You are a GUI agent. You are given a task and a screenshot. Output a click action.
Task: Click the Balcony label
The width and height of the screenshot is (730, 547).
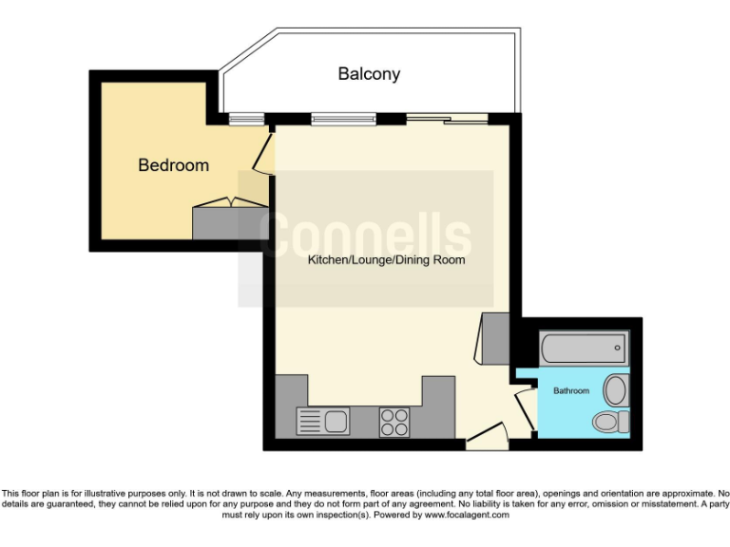[x=369, y=74]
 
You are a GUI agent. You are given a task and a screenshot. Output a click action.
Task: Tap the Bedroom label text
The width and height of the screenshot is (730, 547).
[x=173, y=165]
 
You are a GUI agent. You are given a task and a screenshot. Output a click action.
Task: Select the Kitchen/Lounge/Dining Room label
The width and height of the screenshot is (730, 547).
[x=386, y=259]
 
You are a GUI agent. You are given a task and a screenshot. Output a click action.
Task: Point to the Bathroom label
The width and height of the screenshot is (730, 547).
[x=571, y=390]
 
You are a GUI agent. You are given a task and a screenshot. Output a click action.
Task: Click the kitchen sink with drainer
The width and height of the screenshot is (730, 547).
[x=323, y=420]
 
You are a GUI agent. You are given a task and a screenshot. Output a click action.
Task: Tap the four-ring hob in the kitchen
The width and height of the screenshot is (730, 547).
[x=394, y=421]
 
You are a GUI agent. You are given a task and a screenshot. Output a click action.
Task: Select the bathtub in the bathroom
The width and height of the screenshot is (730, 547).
[x=583, y=349]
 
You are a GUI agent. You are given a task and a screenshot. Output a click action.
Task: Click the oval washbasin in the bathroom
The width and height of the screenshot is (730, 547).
[x=615, y=389]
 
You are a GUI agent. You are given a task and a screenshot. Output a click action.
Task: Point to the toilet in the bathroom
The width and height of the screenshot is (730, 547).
[x=609, y=421]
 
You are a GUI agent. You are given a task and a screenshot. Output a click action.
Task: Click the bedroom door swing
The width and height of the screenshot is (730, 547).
[x=263, y=154]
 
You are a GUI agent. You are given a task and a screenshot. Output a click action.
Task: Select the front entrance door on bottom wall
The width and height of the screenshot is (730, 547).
[x=488, y=438]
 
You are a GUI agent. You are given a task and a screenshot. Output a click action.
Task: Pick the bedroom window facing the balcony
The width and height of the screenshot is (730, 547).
[x=246, y=119]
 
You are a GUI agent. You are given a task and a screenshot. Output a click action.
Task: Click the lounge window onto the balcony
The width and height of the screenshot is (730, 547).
[x=343, y=119]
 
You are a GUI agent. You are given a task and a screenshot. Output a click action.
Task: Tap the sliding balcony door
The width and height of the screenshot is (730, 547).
[x=448, y=119]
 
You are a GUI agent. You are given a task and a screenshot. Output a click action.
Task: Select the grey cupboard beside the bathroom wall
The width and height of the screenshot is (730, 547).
[x=496, y=338]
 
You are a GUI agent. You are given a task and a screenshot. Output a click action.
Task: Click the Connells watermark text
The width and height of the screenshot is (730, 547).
[x=365, y=235]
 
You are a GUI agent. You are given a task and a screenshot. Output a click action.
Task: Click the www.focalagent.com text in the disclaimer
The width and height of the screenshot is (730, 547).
[x=466, y=515]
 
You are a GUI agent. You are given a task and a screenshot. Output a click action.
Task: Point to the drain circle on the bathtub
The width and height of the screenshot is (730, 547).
[x=618, y=349]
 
